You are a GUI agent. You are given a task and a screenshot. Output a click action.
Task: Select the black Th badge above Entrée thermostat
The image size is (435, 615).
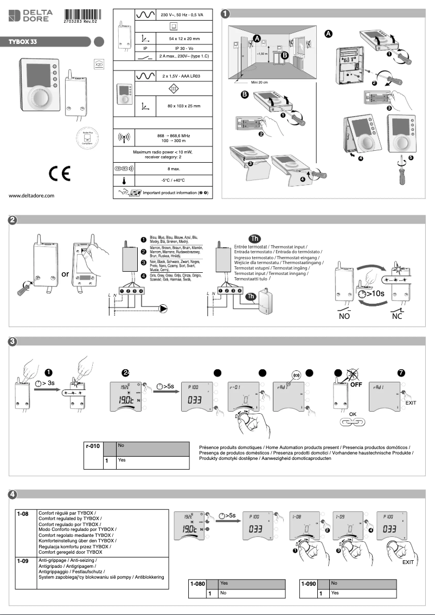tap(254, 238)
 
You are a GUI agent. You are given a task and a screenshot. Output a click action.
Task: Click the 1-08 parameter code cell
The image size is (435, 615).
tap(23, 513)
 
